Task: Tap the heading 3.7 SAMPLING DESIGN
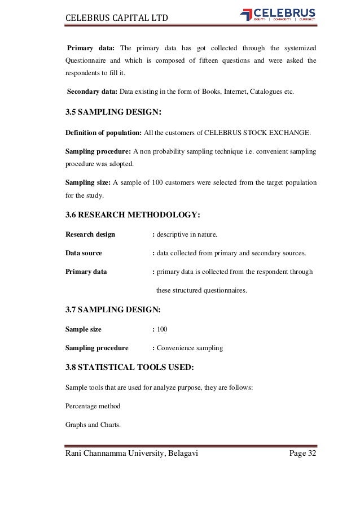113,310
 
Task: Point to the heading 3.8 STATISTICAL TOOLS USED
130,368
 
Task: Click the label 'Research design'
90,234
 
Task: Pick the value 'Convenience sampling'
190,348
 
